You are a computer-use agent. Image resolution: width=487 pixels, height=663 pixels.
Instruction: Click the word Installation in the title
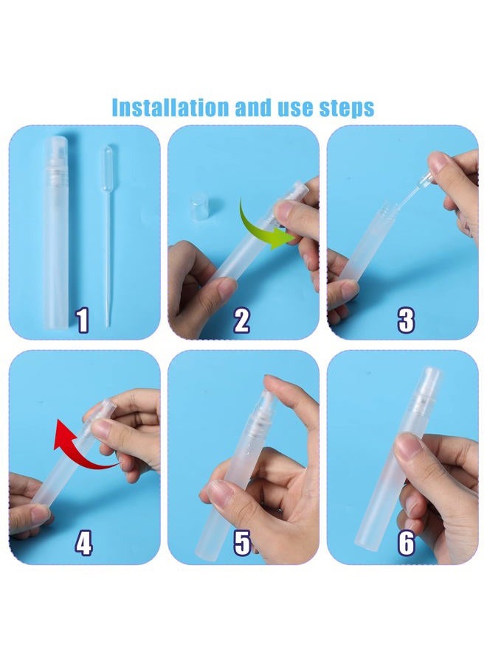pos(170,108)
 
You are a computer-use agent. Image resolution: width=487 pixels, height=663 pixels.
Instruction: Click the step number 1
pos(82,320)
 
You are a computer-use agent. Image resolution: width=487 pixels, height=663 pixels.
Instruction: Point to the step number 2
pos(241,320)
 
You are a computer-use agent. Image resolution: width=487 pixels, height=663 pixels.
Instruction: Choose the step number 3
pos(406,320)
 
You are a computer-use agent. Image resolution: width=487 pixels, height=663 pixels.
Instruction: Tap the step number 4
pos(83,543)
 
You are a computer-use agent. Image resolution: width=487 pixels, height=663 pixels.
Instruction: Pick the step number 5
pos(242,543)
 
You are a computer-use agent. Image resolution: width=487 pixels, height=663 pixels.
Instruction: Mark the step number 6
pos(406,543)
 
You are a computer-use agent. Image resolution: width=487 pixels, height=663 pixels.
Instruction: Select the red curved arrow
pos(76,454)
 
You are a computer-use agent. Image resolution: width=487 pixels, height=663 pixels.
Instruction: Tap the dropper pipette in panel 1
pos(108,236)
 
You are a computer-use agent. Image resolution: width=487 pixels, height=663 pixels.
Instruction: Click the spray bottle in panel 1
pos(60,233)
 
